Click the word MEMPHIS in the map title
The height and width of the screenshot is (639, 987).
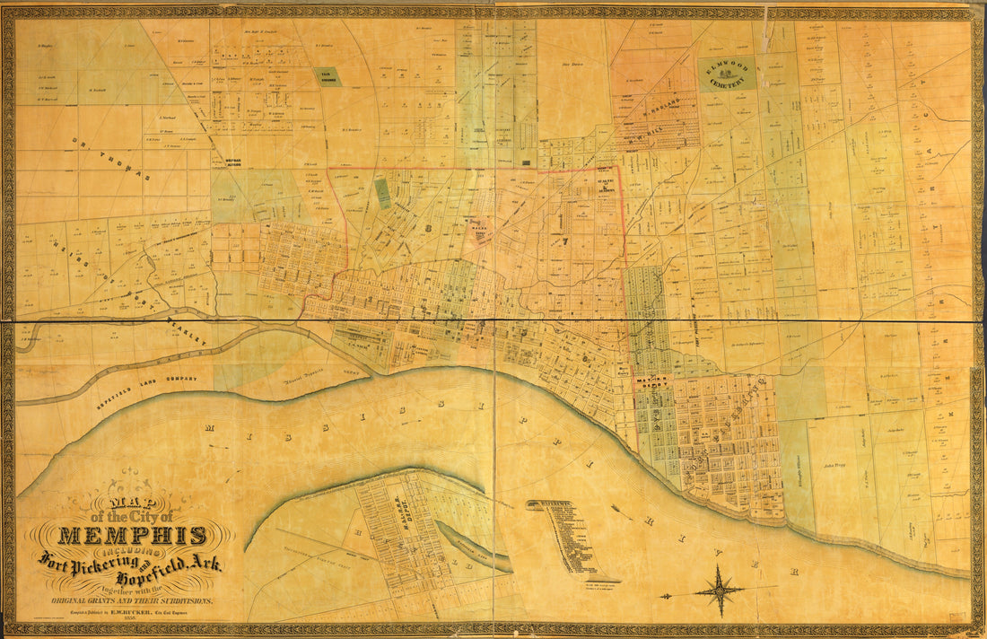click(132, 537)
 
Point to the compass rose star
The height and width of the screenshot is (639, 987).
click(718, 591)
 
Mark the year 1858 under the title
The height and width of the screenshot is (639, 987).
click(132, 619)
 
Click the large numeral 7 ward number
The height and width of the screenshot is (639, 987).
click(564, 241)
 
